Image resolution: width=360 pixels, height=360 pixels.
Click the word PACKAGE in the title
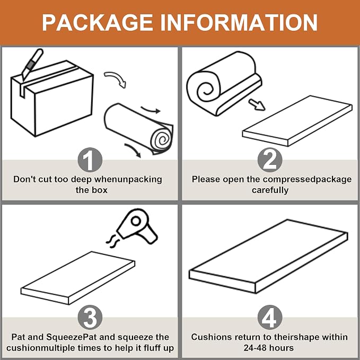point(98,22)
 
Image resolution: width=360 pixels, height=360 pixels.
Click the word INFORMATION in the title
point(239,22)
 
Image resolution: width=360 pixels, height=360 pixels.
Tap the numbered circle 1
point(90,160)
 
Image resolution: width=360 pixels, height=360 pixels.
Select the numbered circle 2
point(270,160)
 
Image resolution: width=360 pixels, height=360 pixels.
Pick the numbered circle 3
point(90,318)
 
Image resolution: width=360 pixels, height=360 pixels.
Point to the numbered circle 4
point(270,318)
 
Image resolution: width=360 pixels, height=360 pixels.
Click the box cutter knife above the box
point(32,64)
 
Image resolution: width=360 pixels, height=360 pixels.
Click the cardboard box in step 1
point(52,99)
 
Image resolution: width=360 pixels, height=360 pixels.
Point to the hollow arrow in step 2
point(257,104)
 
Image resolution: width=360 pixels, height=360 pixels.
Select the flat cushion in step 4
point(268,256)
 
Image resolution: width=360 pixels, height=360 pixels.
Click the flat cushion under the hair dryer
point(78,278)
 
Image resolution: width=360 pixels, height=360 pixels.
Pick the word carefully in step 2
point(270,190)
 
